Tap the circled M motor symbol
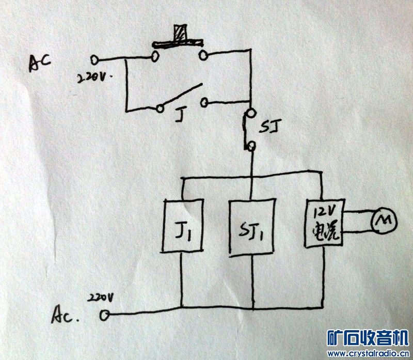tap(383, 221)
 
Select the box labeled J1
tap(182, 225)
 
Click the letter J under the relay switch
tap(178, 116)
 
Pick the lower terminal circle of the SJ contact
tap(251, 147)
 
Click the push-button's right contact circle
tap(203, 54)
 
